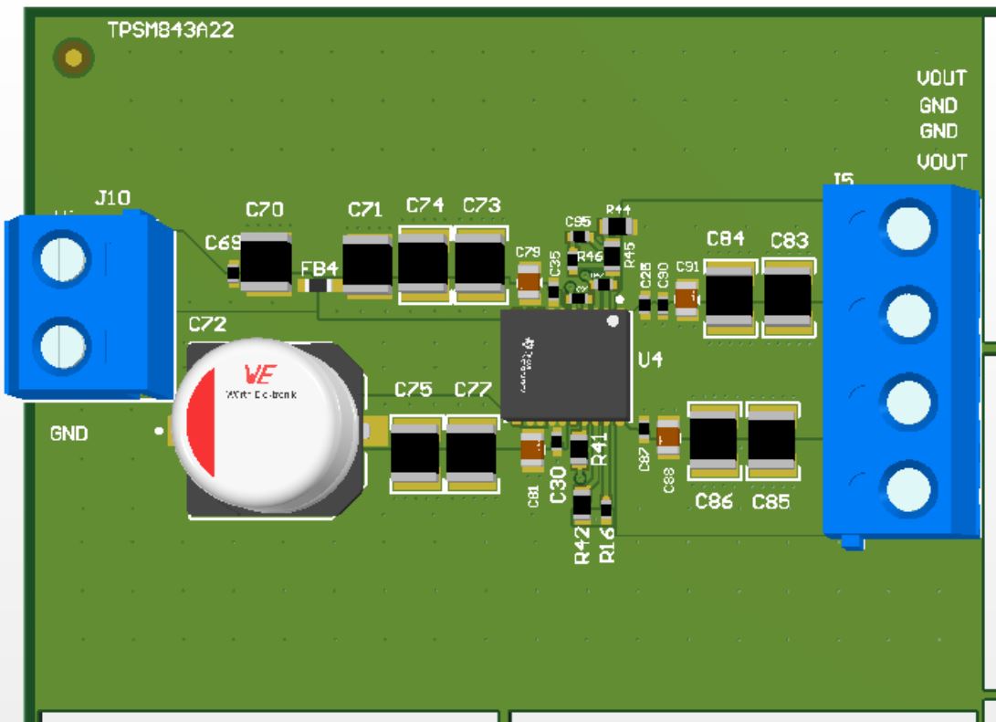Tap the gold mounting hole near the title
(x=74, y=59)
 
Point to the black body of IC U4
(x=566, y=365)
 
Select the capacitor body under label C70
(x=266, y=260)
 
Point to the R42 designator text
(x=583, y=546)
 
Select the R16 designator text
(x=606, y=545)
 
